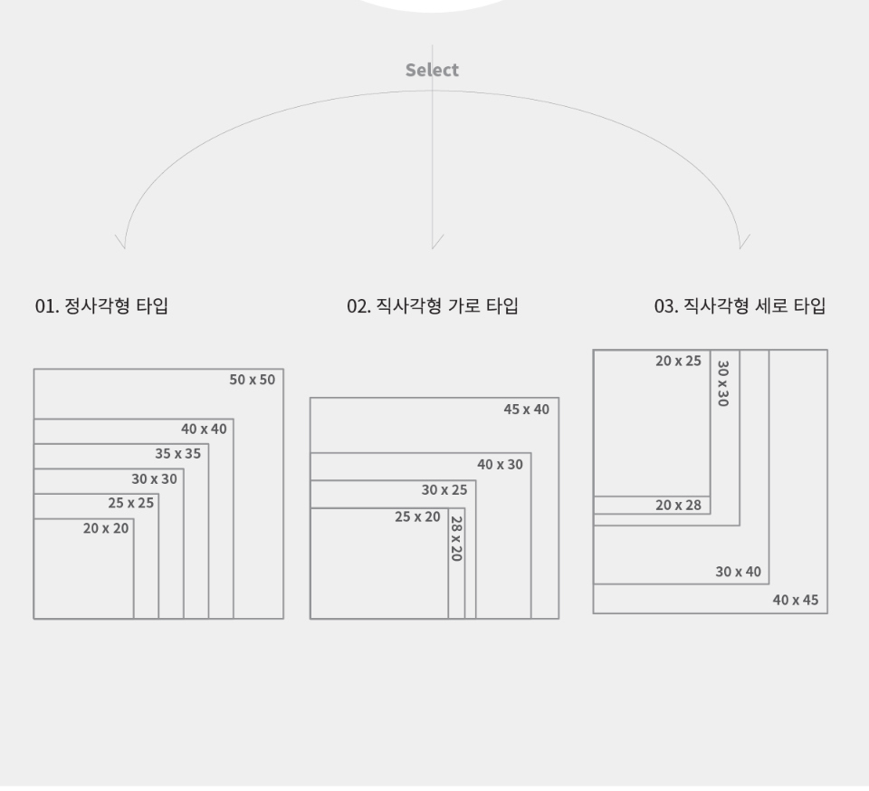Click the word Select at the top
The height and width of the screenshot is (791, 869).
(432, 70)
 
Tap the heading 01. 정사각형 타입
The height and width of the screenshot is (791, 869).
(101, 306)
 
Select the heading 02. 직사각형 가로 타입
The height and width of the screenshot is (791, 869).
(433, 306)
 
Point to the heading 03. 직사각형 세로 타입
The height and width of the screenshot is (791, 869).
(740, 306)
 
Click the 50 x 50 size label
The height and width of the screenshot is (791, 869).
(252, 380)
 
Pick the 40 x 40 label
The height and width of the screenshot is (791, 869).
(204, 429)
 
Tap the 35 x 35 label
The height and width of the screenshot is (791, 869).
(177, 453)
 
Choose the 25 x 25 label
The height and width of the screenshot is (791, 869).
(131, 503)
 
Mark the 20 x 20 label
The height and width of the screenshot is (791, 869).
(106, 528)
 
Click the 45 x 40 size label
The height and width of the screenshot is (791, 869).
(526, 410)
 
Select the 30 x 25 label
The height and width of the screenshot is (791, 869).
(444, 490)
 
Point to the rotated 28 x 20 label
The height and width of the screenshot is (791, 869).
(456, 538)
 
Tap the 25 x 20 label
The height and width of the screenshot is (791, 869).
(417, 517)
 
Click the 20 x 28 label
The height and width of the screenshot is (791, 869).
(678, 505)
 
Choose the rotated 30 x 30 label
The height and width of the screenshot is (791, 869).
(722, 383)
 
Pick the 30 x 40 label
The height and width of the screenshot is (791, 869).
(739, 572)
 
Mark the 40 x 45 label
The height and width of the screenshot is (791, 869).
(795, 600)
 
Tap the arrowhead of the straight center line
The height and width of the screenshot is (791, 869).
(433, 246)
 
